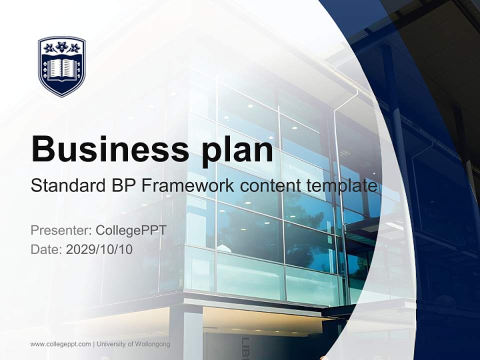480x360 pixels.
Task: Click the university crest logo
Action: [62, 66]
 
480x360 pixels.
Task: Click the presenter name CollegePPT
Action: [131, 230]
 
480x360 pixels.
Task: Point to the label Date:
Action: [46, 249]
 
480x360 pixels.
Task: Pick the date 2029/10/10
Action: [99, 249]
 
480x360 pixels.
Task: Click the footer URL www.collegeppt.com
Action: [60, 344]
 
